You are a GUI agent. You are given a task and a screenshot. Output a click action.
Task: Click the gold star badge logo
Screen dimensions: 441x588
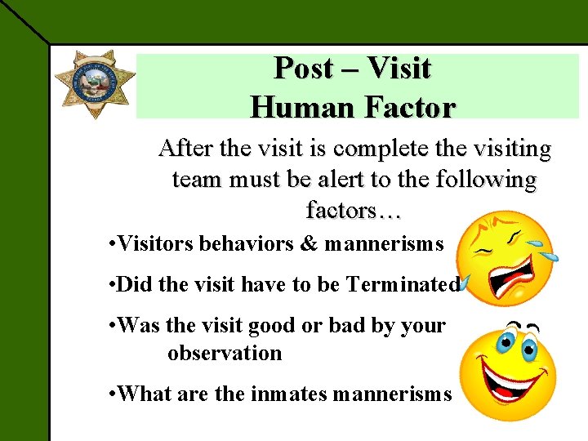[x=95, y=85]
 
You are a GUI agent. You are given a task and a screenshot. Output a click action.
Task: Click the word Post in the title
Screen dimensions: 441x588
[x=304, y=69]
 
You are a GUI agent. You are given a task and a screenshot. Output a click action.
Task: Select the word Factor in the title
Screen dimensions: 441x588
[x=408, y=106]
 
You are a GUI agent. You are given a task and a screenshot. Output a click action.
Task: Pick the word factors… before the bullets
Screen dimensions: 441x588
[x=354, y=210]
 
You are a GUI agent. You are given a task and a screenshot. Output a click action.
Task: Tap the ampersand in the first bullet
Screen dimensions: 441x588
[x=312, y=243]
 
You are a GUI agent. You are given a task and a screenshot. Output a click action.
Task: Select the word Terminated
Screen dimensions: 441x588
[x=403, y=284]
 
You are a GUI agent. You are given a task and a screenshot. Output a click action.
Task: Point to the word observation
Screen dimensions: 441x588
[x=225, y=353]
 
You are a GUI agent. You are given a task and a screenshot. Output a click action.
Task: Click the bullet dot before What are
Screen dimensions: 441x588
[x=111, y=394]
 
